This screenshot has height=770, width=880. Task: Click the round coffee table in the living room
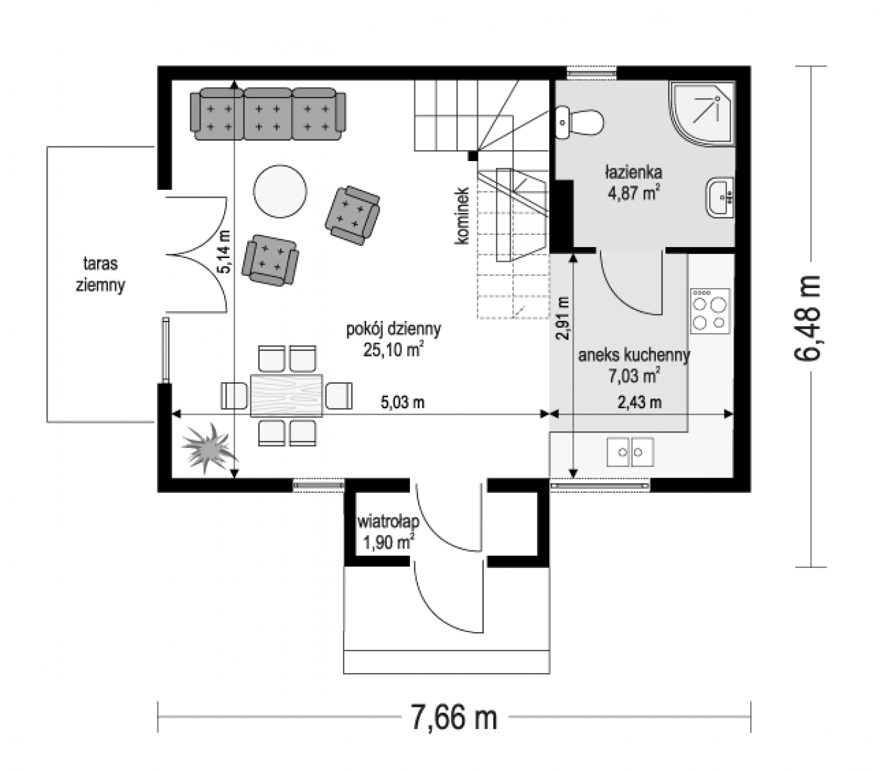(280, 192)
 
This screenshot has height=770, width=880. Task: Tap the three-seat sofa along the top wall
(267, 114)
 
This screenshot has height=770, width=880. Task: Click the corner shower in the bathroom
(701, 114)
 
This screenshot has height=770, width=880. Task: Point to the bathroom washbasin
(720, 198)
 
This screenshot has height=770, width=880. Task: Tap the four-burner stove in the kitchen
(710, 311)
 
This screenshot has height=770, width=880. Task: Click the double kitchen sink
(630, 452)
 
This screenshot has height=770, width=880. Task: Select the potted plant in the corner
(208, 448)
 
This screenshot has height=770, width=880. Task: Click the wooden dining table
(286, 395)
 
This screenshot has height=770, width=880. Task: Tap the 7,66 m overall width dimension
(454, 717)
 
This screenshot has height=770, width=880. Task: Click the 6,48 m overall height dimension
(807, 318)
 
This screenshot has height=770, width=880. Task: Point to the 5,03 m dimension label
(403, 402)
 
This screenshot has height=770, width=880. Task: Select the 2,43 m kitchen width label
(640, 402)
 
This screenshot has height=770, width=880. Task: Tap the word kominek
(462, 216)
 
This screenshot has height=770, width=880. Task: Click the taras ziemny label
(100, 274)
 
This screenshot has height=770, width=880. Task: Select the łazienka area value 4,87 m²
(633, 193)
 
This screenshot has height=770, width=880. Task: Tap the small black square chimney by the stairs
(473, 155)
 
